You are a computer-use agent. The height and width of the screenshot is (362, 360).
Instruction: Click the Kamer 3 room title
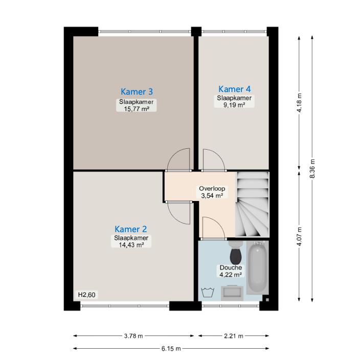[x=137, y=92]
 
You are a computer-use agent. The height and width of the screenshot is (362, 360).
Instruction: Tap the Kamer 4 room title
[x=234, y=89]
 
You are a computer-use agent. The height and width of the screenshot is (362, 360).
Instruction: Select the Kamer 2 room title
[x=131, y=229]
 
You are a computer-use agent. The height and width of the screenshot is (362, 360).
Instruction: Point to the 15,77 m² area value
[x=136, y=109]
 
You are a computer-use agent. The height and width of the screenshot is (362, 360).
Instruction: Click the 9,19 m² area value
[x=234, y=105]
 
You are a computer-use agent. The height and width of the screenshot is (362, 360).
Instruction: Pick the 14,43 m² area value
[x=131, y=245]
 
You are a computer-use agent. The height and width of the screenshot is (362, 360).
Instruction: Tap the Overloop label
[x=212, y=189]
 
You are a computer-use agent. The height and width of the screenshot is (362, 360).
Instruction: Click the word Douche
[x=231, y=267]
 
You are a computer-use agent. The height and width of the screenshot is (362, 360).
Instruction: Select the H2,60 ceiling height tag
[x=86, y=295]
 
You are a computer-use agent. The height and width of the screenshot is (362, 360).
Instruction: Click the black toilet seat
[x=236, y=257]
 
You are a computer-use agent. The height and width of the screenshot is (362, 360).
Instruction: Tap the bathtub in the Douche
[x=258, y=267]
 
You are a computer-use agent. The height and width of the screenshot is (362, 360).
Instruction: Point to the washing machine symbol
[x=208, y=293]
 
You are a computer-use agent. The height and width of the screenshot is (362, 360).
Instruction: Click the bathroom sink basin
[x=232, y=293]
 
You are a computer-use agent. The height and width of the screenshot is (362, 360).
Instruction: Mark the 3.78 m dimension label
[x=133, y=336]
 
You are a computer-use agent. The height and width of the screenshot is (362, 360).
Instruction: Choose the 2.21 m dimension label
[x=234, y=336]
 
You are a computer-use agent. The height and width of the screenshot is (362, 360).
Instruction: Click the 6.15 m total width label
[x=171, y=348]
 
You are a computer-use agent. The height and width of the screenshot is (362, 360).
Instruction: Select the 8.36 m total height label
[x=312, y=169]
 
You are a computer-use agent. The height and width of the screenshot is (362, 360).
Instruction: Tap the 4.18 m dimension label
[x=299, y=103]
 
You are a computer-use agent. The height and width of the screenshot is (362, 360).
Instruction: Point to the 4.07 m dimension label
[x=299, y=236]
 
